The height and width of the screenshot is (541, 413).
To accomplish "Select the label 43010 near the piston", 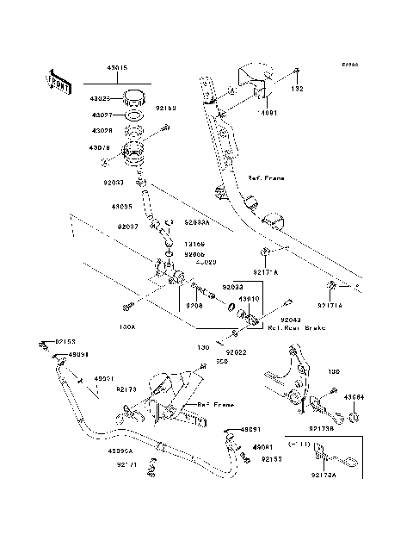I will pos(249,299).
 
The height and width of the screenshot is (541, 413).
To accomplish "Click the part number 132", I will pos(297,89).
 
